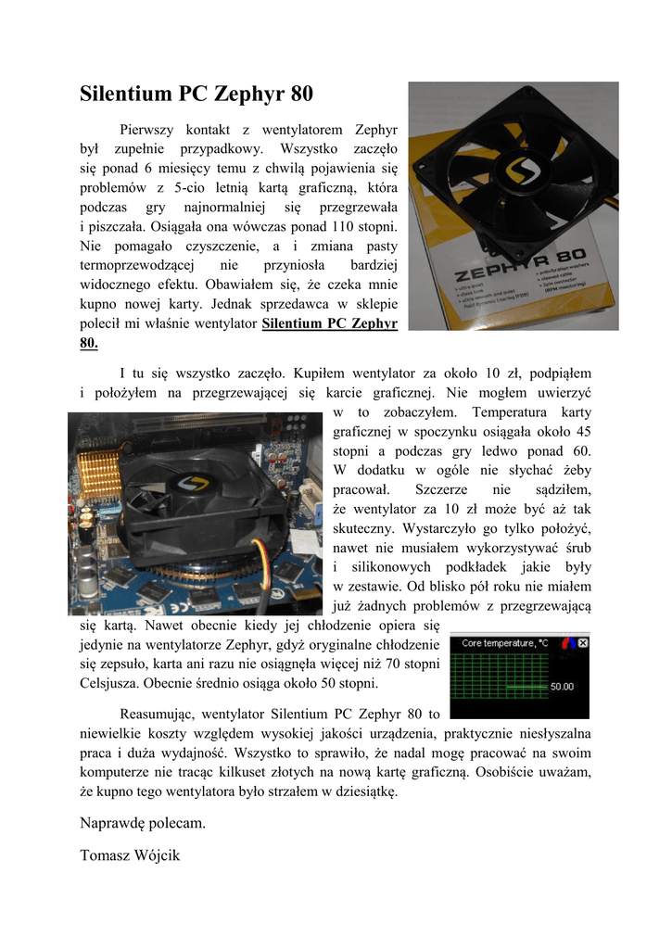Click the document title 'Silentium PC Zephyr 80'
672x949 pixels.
(x=197, y=94)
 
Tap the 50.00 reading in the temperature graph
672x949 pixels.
(x=562, y=687)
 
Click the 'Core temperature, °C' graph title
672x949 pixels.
(x=504, y=642)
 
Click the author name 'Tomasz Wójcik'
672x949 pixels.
(x=130, y=855)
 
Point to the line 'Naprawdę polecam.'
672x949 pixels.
(x=143, y=823)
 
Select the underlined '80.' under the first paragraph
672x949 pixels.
(x=89, y=343)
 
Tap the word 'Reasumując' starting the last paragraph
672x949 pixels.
(x=156, y=715)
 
